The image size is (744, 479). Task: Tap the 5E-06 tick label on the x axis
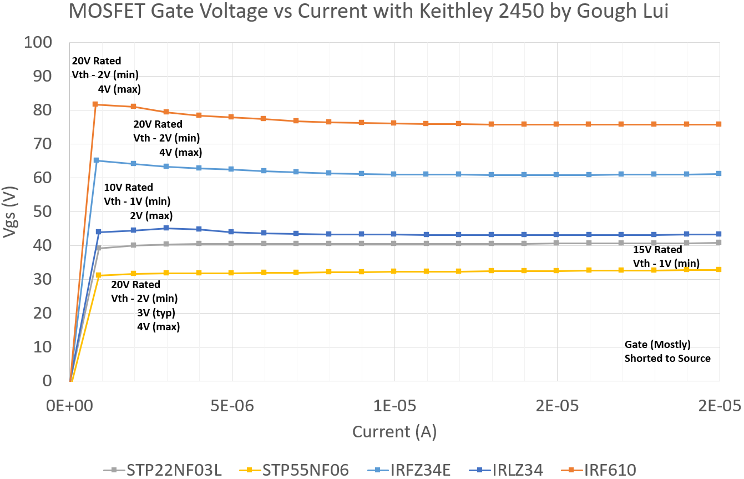coord(232,406)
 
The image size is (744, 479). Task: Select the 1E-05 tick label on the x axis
coord(394,406)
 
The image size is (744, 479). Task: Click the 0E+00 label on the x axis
coord(70,406)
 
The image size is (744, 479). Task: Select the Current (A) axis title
coord(394,431)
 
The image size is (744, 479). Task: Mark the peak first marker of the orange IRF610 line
coord(95,104)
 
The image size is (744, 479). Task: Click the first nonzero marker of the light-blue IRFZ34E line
coord(97,160)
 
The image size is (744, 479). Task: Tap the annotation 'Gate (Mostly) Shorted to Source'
coord(667,351)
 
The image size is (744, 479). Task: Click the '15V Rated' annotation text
coord(658,249)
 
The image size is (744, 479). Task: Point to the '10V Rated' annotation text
coord(128,188)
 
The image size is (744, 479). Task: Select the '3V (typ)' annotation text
coord(156,313)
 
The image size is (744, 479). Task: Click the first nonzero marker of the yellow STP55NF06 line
coord(99,275)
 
